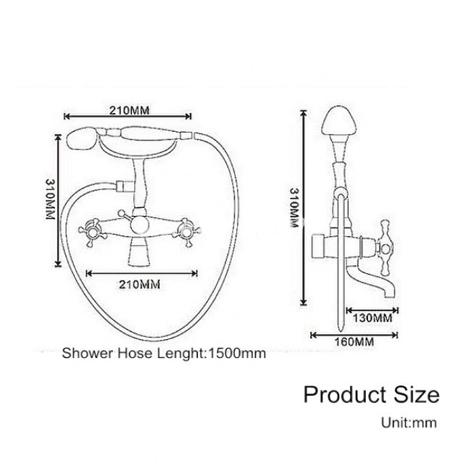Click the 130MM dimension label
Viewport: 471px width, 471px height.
(x=372, y=318)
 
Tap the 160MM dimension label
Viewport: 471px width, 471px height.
(x=354, y=342)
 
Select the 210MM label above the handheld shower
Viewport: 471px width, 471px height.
(x=129, y=110)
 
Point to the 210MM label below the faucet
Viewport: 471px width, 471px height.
(x=140, y=284)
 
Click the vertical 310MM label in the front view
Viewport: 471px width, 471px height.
(x=50, y=199)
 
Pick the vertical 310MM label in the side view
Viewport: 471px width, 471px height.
(x=294, y=207)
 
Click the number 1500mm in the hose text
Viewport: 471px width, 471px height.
(x=237, y=354)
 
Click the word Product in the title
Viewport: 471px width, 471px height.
(x=345, y=394)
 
